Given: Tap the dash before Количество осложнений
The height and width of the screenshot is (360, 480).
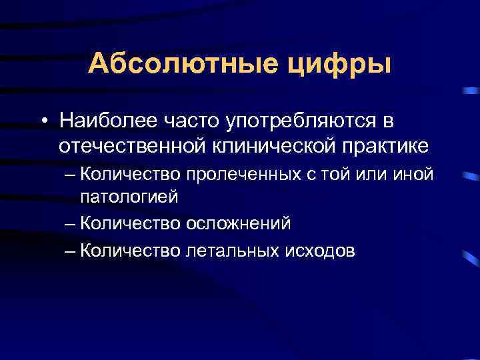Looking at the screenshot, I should (x=71, y=223).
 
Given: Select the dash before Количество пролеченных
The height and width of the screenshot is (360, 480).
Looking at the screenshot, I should (x=71, y=175).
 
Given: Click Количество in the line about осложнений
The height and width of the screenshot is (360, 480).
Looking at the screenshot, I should (x=130, y=222).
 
